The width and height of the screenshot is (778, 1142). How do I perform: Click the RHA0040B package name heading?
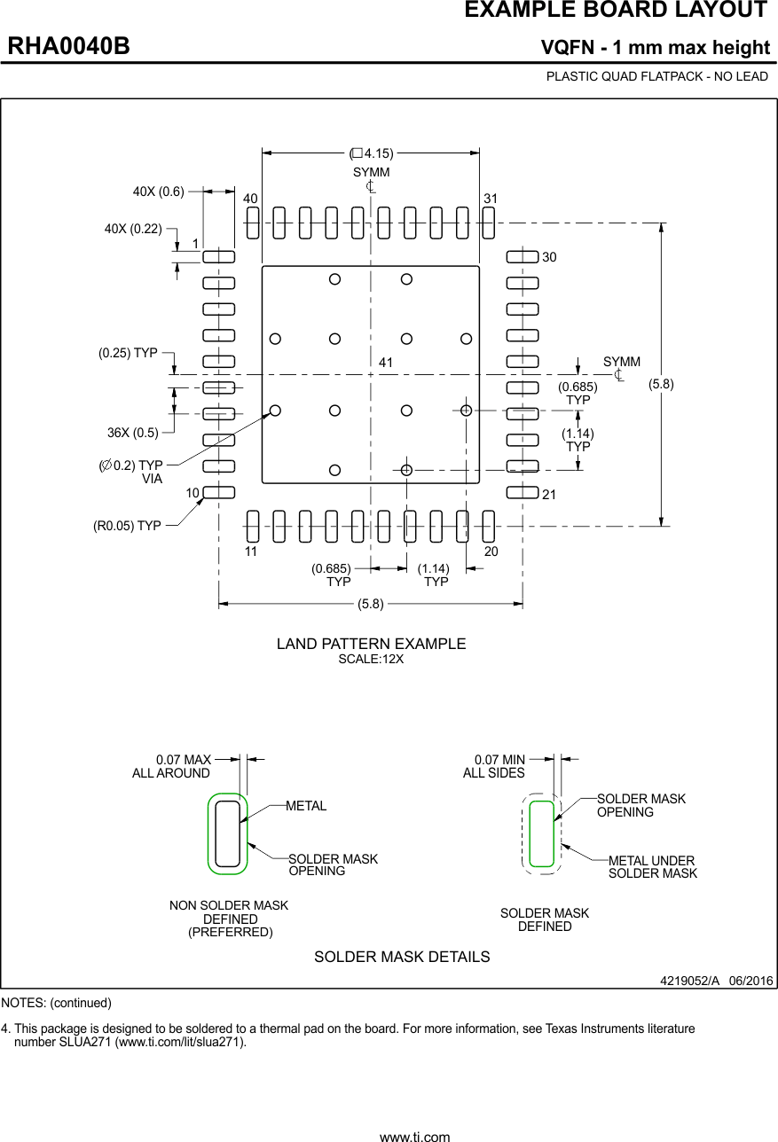coord(69,47)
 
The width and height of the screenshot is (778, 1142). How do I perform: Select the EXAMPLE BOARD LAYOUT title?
coord(616,11)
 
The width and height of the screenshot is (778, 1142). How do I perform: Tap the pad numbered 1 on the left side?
coord(218,257)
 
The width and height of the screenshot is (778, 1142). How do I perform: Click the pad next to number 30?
coord(522,257)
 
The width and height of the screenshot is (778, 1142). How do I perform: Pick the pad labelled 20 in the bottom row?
coord(488,526)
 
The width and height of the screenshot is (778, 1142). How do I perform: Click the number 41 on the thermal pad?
coord(385,363)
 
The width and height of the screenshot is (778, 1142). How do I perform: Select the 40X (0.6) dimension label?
coord(158,191)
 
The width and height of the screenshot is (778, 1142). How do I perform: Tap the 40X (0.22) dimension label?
coord(133,229)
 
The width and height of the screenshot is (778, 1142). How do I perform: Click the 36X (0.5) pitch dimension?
coord(133,433)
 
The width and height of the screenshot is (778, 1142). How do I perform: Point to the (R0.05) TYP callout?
coord(127,526)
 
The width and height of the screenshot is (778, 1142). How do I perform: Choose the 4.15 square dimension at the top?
coord(372,153)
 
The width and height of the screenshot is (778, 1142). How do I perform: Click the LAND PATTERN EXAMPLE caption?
coord(371,644)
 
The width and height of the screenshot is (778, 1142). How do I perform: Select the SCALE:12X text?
coord(371,660)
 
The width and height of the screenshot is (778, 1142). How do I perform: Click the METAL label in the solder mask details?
coord(306,806)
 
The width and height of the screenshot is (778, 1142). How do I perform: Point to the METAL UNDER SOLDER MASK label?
coord(652,867)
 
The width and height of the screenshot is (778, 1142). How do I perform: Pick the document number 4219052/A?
coord(689,981)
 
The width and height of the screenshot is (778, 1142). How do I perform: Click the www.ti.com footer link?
coord(414,1136)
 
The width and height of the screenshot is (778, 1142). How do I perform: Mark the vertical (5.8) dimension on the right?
coord(661,384)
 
